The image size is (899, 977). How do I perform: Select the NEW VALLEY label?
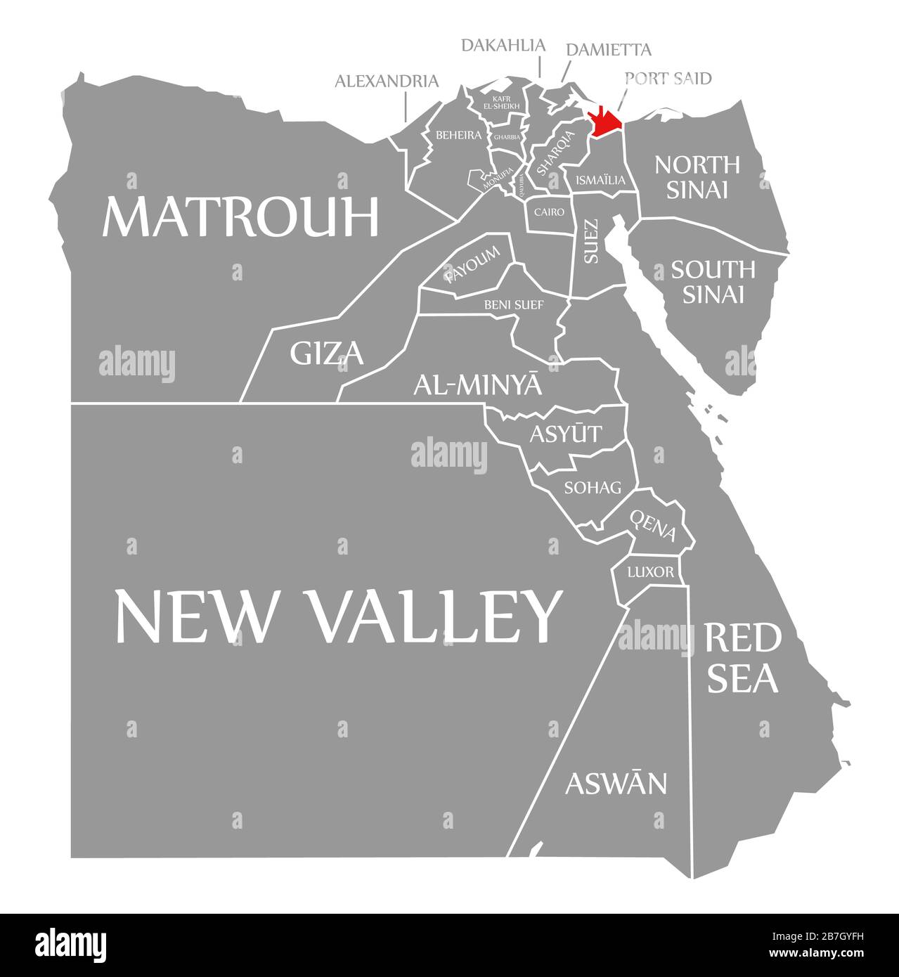tap(339, 616)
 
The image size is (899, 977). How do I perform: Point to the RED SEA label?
tap(742, 658)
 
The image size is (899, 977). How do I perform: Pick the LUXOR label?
tap(650, 572)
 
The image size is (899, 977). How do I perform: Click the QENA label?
tap(653, 526)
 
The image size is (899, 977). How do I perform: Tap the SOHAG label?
tap(593, 486)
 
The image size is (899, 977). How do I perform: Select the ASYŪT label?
tap(566, 434)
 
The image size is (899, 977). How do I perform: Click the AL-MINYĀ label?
tap(478, 384)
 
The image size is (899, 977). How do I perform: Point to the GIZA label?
tap(327, 353)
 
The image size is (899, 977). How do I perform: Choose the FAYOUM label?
tap(472, 265)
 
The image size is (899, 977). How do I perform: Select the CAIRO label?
tap(549, 211)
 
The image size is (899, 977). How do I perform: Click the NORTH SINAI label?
tap(697, 176)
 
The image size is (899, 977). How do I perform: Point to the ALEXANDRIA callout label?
tap(387, 82)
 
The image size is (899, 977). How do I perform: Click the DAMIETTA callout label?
tap(609, 50)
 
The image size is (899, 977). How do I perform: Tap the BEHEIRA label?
tap(458, 134)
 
